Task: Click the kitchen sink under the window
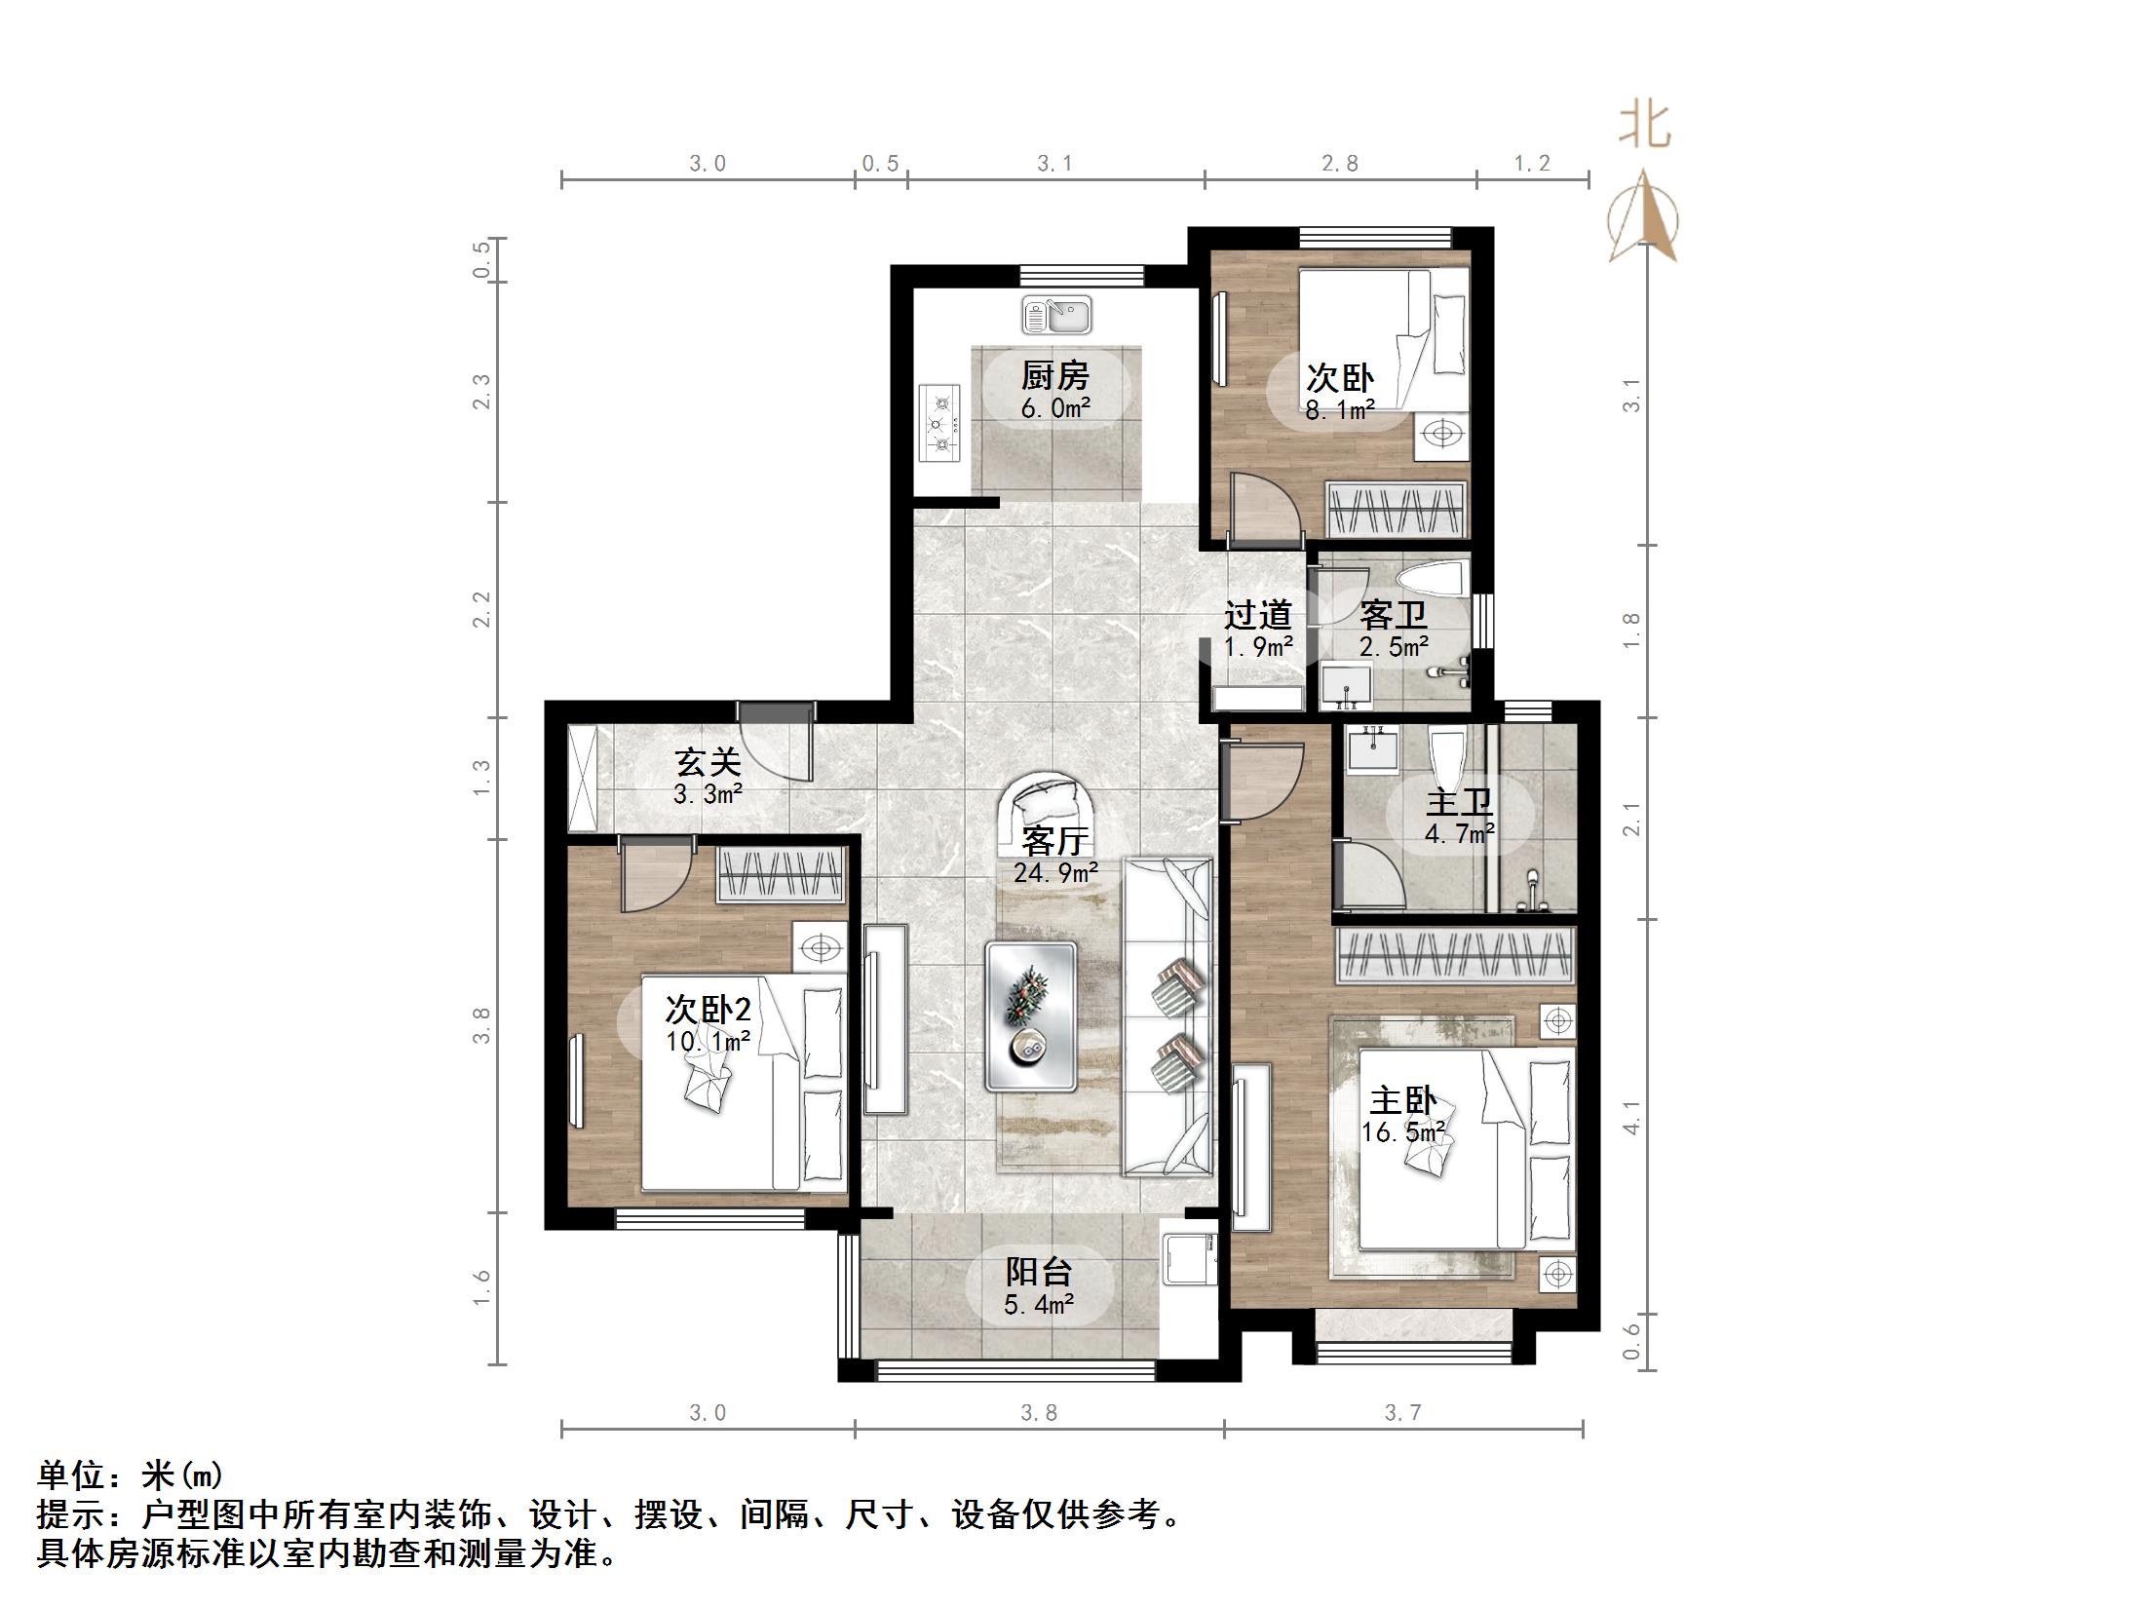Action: pyautogui.click(x=1056, y=316)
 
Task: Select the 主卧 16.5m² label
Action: pyautogui.click(x=1402, y=1115)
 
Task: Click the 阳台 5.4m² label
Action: pyautogui.click(x=1039, y=1285)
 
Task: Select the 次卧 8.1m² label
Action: pyautogui.click(x=1340, y=392)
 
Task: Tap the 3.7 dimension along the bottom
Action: pyautogui.click(x=1402, y=1413)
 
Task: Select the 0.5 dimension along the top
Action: pyautogui.click(x=880, y=164)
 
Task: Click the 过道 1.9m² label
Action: pyautogui.click(x=1258, y=629)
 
